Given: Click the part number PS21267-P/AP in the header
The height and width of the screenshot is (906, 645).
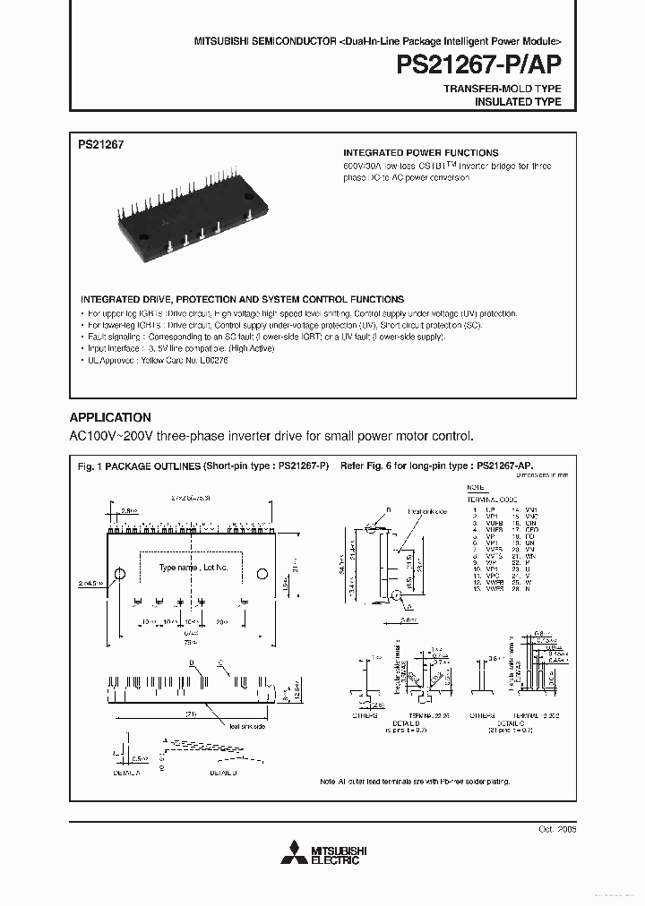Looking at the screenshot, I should click(479, 66).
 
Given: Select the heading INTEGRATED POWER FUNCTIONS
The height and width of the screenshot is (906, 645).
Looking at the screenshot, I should click(421, 153).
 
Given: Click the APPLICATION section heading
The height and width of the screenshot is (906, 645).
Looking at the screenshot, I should click(110, 417).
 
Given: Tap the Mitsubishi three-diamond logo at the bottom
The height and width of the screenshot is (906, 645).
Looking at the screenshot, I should click(289, 854).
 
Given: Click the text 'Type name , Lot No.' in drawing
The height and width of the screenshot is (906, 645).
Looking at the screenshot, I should click(193, 568).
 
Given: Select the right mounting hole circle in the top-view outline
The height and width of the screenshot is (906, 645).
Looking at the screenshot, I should click(263, 573).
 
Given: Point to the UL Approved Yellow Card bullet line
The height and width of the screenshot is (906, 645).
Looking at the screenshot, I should click(156, 359).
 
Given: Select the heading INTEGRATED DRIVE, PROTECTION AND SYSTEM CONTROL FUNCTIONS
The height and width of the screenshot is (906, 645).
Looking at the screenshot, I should click(242, 299).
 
